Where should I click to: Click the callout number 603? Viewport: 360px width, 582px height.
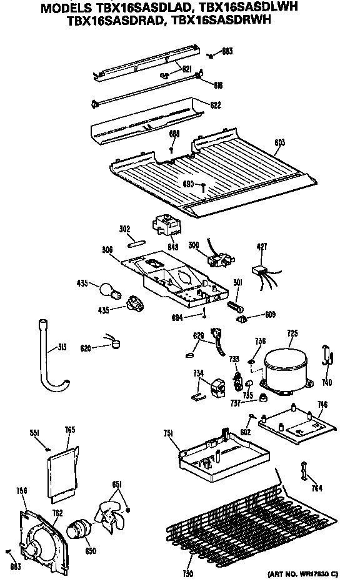(x=279, y=142)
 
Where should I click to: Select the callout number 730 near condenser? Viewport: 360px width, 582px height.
(x=187, y=573)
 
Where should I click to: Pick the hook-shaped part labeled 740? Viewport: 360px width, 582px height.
(x=327, y=354)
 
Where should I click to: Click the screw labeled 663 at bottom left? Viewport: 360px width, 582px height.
(x=8, y=553)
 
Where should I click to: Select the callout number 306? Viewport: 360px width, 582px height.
(x=107, y=249)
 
